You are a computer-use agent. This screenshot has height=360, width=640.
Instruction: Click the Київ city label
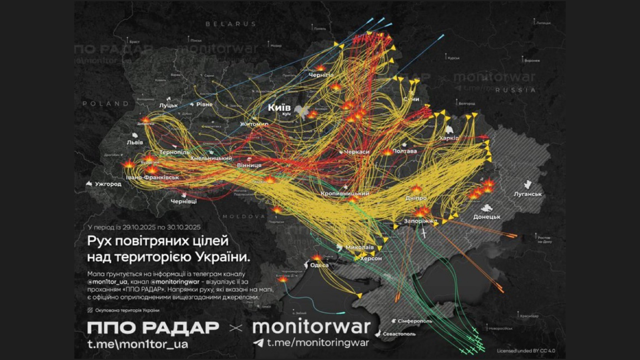[x=279, y=107]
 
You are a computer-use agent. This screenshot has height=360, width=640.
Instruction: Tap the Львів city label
[x=135, y=142]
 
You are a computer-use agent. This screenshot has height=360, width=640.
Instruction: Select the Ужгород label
[x=108, y=184]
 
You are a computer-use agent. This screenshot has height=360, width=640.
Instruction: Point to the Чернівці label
[x=184, y=201]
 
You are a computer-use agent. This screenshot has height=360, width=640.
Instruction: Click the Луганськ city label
[x=528, y=194]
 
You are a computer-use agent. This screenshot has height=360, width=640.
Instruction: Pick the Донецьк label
[x=487, y=217]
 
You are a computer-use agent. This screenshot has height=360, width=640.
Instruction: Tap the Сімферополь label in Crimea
[x=415, y=321]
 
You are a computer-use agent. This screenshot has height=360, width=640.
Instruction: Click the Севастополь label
[x=399, y=334]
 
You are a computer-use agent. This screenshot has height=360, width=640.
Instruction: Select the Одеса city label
[x=319, y=265]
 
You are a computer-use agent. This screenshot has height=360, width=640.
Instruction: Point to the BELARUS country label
[x=231, y=24]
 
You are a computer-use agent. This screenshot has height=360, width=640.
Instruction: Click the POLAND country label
[x=106, y=104]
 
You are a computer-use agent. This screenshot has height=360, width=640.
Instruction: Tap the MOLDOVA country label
[x=244, y=216]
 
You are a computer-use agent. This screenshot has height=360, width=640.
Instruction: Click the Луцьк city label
[x=168, y=106]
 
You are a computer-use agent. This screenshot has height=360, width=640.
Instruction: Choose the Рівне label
[x=204, y=104]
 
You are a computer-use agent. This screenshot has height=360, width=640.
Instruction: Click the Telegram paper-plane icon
[x=258, y=343]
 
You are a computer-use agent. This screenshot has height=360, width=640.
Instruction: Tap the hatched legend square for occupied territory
[x=90, y=310]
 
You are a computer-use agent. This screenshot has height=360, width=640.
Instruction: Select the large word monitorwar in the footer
[x=311, y=327]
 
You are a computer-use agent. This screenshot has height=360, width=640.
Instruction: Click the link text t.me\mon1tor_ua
[x=138, y=344]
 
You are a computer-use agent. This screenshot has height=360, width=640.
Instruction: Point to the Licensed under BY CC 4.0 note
[x=526, y=351]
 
